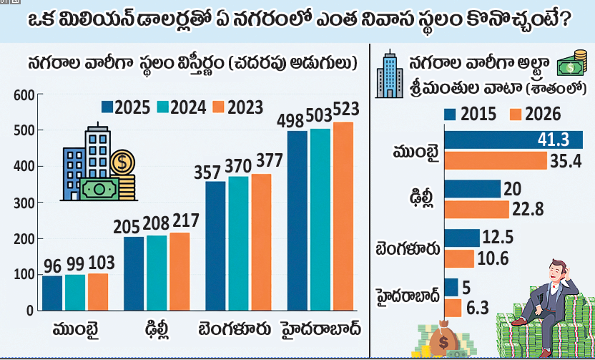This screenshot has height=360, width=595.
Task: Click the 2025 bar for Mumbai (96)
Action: click(x=52, y=293)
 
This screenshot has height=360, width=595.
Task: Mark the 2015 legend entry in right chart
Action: click(x=463, y=113)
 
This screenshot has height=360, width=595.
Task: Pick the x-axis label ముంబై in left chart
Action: click(x=76, y=330)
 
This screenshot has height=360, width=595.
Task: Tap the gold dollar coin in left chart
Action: click(x=122, y=162)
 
